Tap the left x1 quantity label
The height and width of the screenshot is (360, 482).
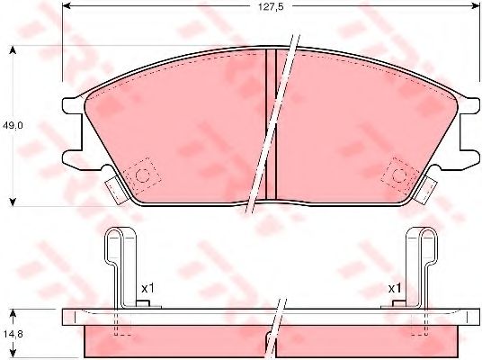[x=147, y=289]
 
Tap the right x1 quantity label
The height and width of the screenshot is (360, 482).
[x=395, y=289]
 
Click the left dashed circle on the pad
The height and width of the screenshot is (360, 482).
[x=142, y=175]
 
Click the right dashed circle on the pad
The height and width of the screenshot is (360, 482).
[x=399, y=175]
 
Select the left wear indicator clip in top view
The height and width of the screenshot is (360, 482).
[x=115, y=190]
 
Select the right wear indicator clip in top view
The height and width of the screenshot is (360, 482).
[x=426, y=190]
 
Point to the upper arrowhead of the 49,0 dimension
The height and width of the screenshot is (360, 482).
[x=13, y=50]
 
